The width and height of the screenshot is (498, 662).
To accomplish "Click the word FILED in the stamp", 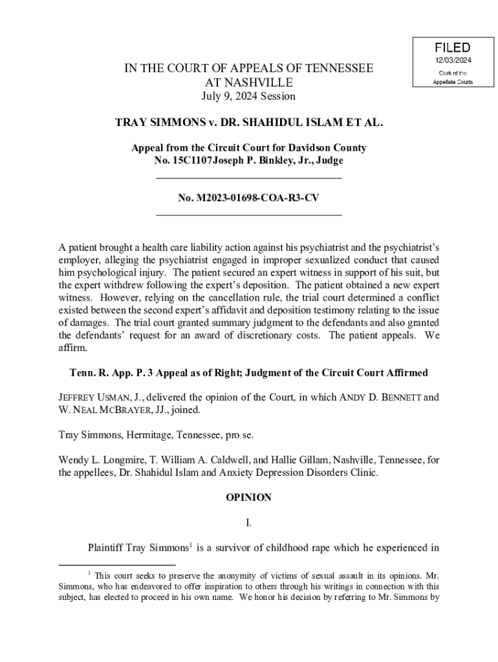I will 453,48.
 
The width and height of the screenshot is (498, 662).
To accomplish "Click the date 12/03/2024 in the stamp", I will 453,61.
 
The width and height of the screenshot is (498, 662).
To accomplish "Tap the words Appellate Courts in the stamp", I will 453,82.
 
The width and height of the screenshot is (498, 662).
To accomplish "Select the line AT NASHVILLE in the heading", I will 249,83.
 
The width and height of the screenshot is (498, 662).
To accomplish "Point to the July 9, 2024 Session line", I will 249,96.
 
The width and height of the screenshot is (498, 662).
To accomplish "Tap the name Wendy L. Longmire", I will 95,460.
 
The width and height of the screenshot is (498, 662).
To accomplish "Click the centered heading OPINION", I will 249,498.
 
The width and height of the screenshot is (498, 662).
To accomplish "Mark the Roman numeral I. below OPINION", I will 249,523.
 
